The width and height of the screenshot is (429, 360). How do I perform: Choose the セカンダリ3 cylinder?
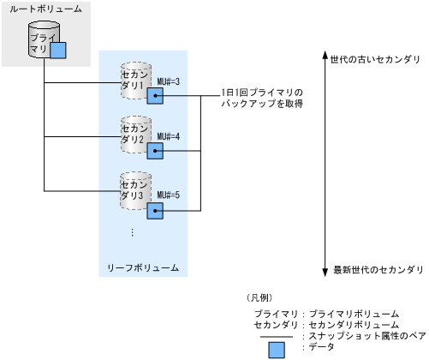(x=136, y=190)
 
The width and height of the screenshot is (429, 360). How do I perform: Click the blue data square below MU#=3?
(x=155, y=96)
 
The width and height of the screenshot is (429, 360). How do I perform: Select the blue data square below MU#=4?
(x=155, y=151)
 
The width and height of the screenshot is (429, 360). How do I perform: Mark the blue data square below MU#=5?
(x=155, y=209)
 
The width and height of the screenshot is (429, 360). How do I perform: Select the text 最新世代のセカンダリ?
(x=378, y=269)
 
